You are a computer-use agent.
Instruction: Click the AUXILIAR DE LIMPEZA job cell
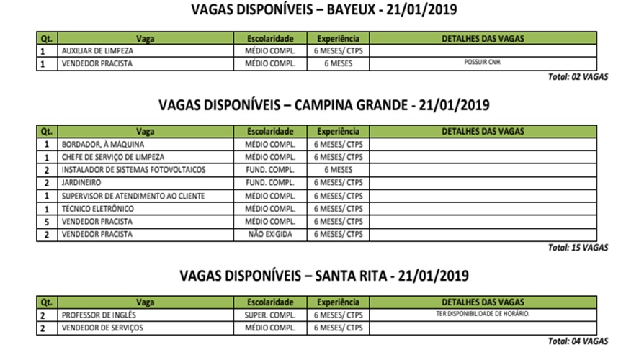[97, 51]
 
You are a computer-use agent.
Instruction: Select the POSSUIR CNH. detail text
[483, 63]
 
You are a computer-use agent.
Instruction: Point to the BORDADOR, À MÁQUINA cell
[103, 145]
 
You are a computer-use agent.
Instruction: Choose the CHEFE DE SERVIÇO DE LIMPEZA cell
[113, 157]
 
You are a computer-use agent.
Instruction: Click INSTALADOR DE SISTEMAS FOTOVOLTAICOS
[133, 170]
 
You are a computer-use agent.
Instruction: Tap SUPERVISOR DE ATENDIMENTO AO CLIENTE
[133, 196]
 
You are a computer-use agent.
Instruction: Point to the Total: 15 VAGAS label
[578, 248]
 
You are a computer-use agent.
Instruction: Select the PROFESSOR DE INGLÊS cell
[99, 315]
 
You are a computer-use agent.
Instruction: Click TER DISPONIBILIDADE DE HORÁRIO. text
[483, 315]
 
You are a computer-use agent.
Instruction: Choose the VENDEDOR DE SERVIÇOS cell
[102, 328]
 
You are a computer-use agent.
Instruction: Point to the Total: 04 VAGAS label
[578, 341]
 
